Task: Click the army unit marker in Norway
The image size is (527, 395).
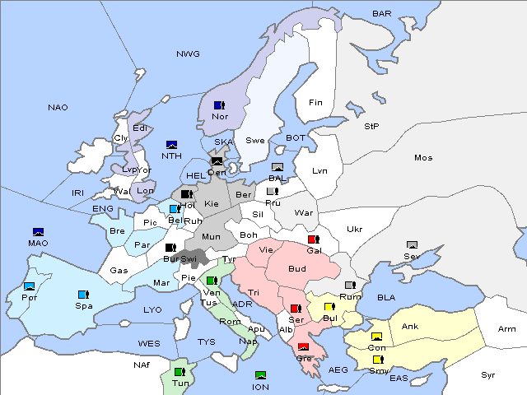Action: pyautogui.click(x=219, y=105)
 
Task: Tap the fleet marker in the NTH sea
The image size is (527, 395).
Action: pyautogui.click(x=172, y=145)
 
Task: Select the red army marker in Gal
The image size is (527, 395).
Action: pyautogui.click(x=313, y=239)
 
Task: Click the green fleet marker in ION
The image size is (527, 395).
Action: pyautogui.click(x=260, y=375)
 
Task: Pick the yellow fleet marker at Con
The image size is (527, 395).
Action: pyautogui.click(x=376, y=337)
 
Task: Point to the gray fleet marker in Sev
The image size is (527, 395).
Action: pyautogui.click(x=412, y=245)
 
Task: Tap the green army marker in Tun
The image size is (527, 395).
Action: pyautogui.click(x=179, y=372)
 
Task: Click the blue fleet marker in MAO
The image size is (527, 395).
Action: pyautogui.click(x=38, y=232)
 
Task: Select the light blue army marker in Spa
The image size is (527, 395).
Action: pyautogui.click(x=82, y=294)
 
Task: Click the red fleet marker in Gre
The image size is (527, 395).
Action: pyautogui.click(x=303, y=346)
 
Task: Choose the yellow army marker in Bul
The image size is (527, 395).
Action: pyautogui.click(x=329, y=307)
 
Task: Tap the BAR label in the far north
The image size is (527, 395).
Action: pyautogui.click(x=381, y=13)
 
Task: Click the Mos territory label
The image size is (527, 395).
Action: pyautogui.click(x=423, y=157)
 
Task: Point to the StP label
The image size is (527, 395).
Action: pyautogui.click(x=371, y=127)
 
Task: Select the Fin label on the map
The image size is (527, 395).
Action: pyautogui.click(x=315, y=103)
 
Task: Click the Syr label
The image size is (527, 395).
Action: pyautogui.click(x=488, y=374)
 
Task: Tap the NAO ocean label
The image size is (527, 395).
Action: pyautogui.click(x=58, y=108)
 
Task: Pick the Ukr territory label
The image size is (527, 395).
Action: pyautogui.click(x=354, y=229)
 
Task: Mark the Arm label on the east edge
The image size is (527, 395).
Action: pyautogui.click(x=507, y=329)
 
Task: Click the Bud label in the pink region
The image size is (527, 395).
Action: pyautogui.click(x=296, y=269)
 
